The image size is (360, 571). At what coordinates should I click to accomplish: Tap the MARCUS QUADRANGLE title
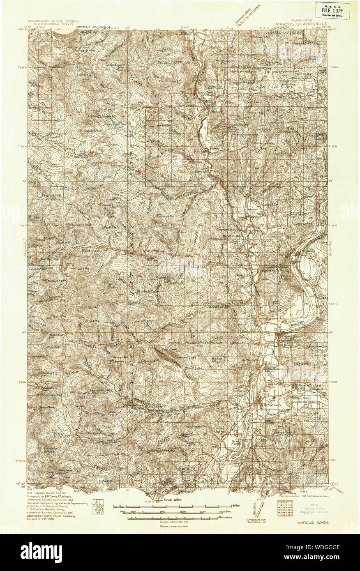click(301, 24)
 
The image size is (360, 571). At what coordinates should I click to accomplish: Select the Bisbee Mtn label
click(217, 358)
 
